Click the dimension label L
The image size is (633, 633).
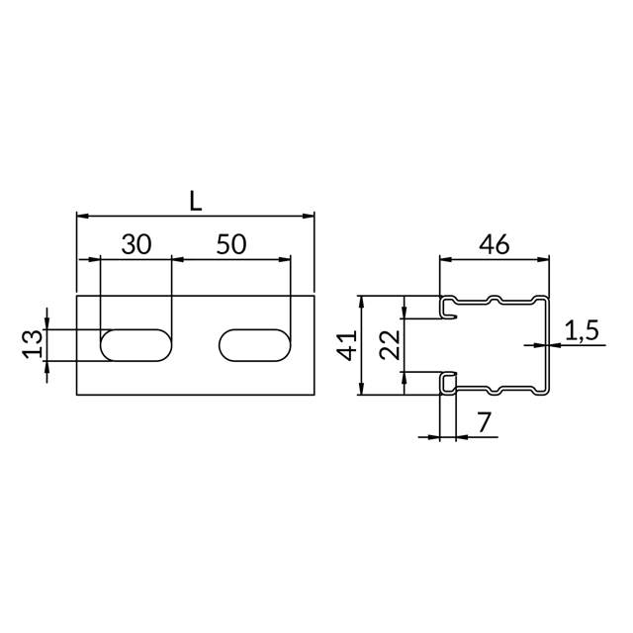click(196, 201)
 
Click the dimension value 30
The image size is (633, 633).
click(136, 245)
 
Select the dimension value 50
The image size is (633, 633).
click(230, 245)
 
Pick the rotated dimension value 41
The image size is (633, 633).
click(346, 345)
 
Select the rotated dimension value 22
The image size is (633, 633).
click(390, 345)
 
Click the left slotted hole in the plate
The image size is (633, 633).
click(136, 345)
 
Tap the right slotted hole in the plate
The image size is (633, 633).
click(255, 345)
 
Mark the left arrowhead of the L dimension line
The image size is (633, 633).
click(82, 215)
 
